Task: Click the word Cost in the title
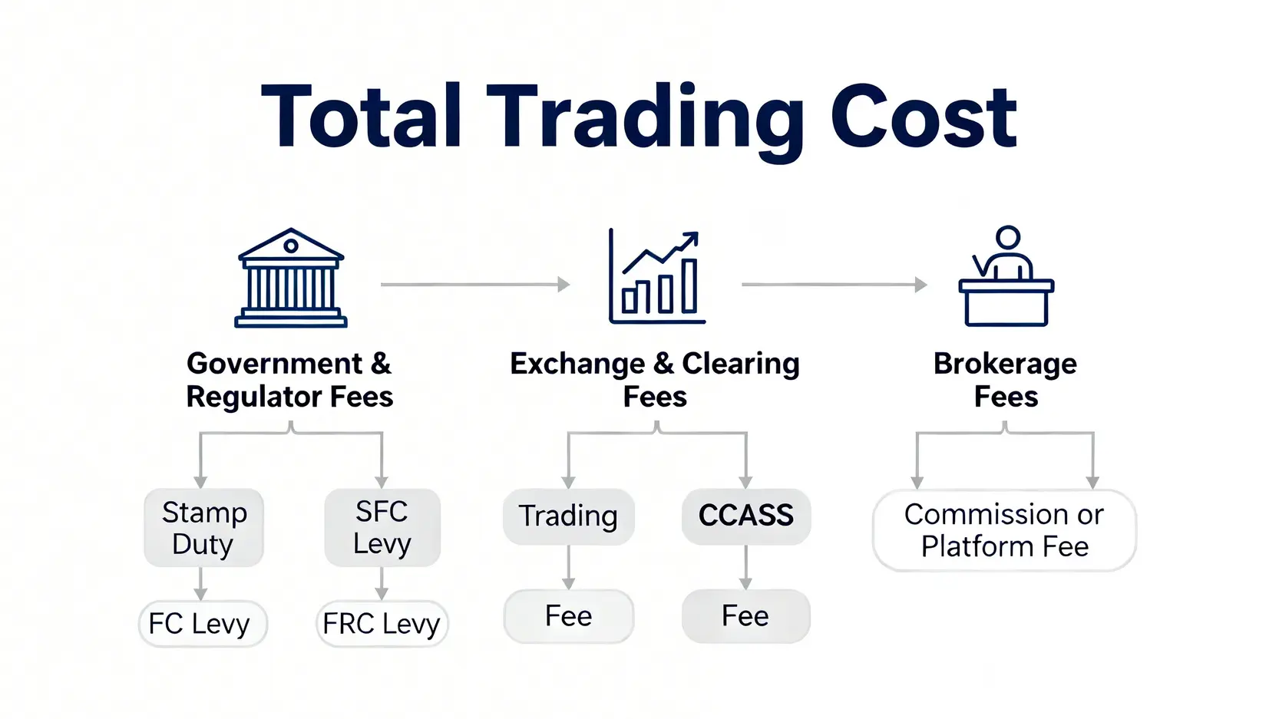coord(924,117)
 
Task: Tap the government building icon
coord(290,278)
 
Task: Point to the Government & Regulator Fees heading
coord(289,380)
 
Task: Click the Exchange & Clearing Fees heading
coord(654,380)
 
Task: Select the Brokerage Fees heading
coord(1005,380)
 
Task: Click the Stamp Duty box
coord(204,528)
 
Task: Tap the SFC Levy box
coord(382,528)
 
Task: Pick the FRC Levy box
coord(382,624)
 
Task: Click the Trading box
coord(568,516)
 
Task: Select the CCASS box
coord(745,516)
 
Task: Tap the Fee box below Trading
coord(568,616)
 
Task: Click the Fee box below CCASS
coord(745,616)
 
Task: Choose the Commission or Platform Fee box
coord(1004,530)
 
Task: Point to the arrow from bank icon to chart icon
coord(474,285)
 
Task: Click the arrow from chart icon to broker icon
coord(834,285)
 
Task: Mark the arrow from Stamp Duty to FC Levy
coord(201,584)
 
